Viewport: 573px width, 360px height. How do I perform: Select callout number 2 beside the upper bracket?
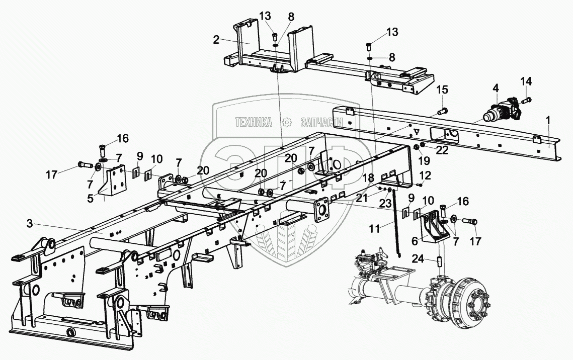[216, 40]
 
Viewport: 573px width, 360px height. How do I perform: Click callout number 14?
[526, 81]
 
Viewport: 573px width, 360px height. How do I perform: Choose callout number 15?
[442, 91]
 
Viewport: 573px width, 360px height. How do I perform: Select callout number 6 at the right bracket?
[415, 241]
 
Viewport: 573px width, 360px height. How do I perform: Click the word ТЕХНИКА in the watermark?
[254, 122]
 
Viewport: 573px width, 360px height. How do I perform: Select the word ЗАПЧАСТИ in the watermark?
[321, 122]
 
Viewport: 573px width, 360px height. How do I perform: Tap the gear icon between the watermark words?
[287, 122]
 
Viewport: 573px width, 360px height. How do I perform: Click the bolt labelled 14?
[526, 100]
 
